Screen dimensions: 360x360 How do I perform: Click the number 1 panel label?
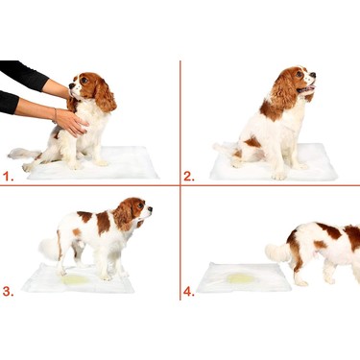tap(9, 177)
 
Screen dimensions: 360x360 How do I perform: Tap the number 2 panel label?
tap(189, 177)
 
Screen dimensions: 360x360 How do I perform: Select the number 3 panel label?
tap(9, 292)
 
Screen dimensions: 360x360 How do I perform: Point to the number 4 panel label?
tap(189, 292)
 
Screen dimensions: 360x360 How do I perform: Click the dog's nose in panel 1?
tap(71, 86)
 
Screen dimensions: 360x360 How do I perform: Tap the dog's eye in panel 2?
tap(300, 74)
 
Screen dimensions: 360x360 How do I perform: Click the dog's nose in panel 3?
tap(150, 209)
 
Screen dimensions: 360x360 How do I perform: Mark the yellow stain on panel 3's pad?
tap(76, 279)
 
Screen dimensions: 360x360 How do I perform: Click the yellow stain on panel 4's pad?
tap(241, 278)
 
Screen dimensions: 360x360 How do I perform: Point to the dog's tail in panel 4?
tap(277, 252)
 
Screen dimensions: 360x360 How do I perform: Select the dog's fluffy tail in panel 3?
tap(49, 249)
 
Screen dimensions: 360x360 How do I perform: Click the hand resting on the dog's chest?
tap(72, 122)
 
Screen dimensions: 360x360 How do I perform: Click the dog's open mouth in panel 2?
tap(306, 89)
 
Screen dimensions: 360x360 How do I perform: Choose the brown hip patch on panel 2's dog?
tap(252, 142)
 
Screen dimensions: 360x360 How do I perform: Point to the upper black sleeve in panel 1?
tap(23, 75)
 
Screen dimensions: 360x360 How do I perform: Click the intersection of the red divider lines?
tap(180, 185)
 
